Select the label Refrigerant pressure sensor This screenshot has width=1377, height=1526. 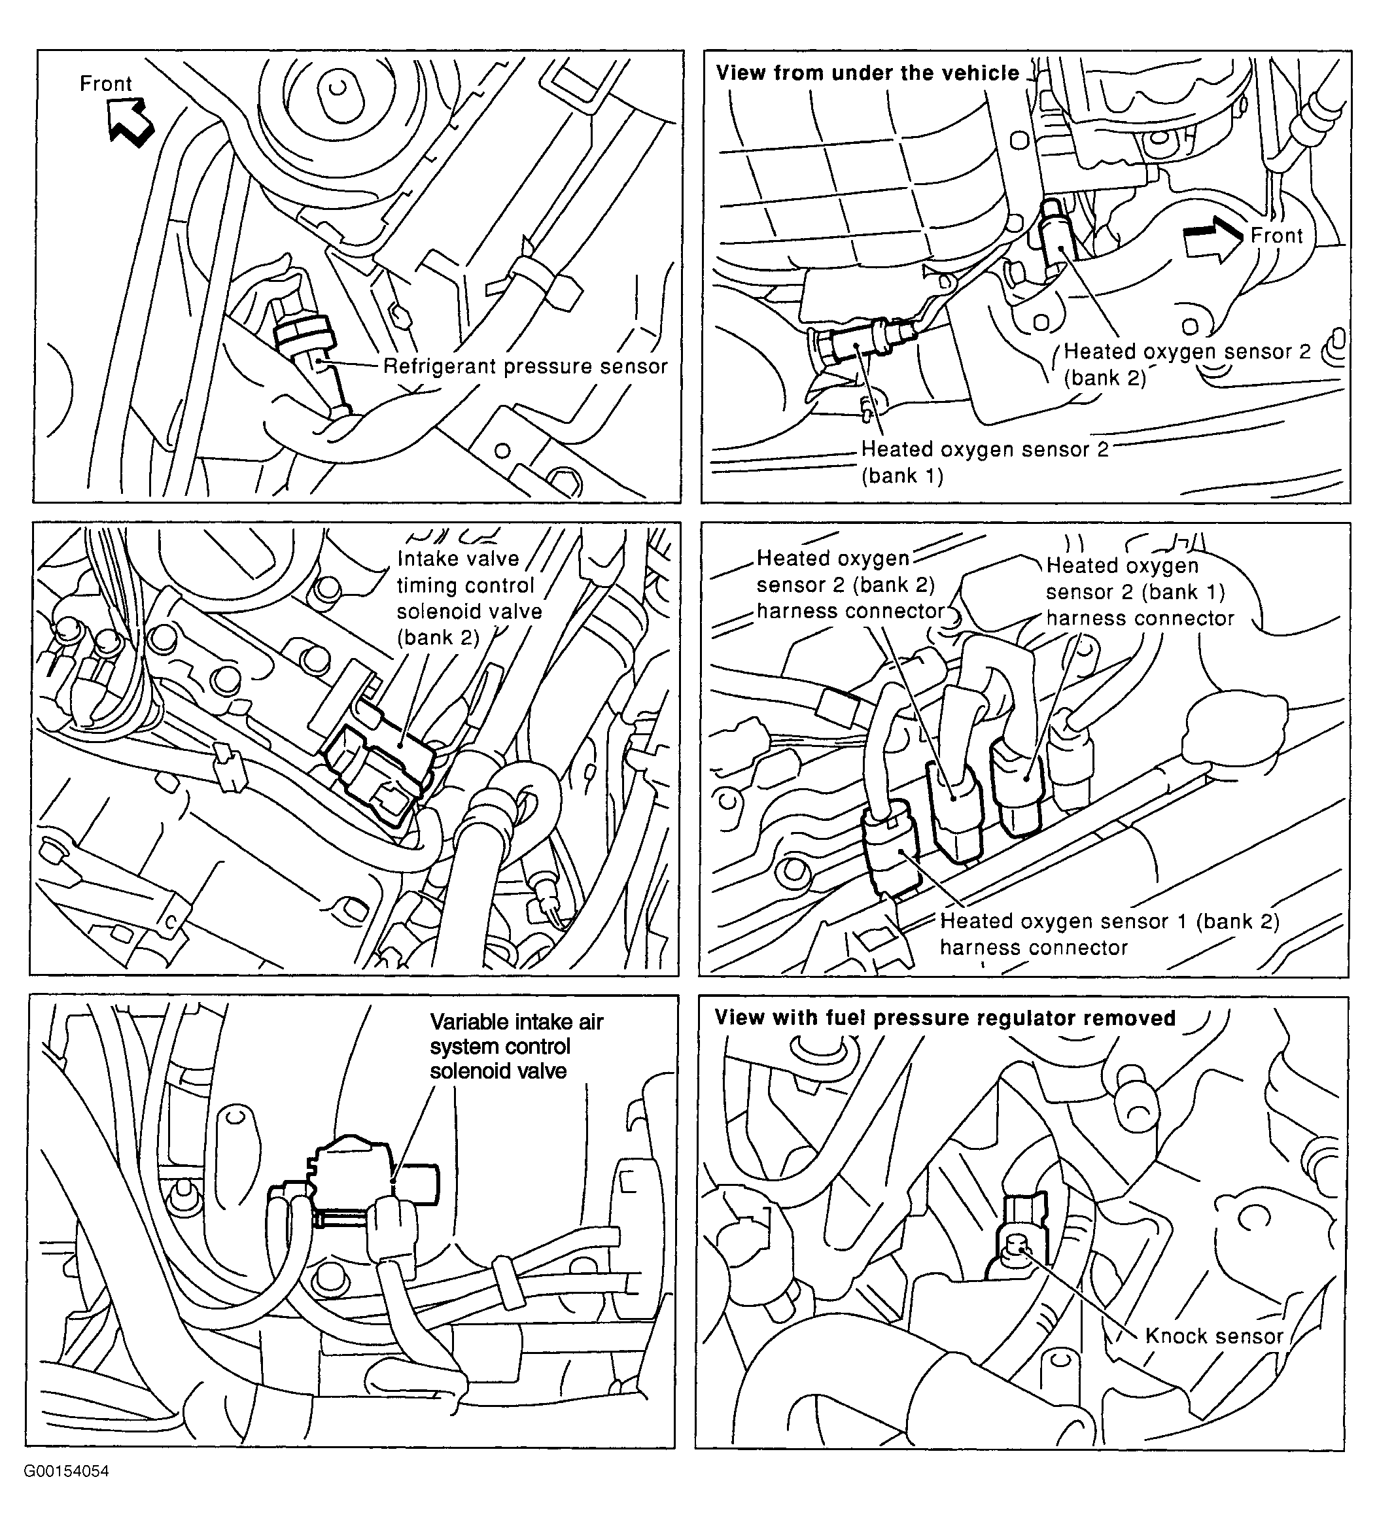point(525,367)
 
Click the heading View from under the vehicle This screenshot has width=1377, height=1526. point(867,73)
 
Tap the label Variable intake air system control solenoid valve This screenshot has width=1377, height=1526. point(516,1047)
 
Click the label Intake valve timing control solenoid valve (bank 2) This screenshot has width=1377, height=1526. point(469,598)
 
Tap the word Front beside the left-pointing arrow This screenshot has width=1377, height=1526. point(106,83)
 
